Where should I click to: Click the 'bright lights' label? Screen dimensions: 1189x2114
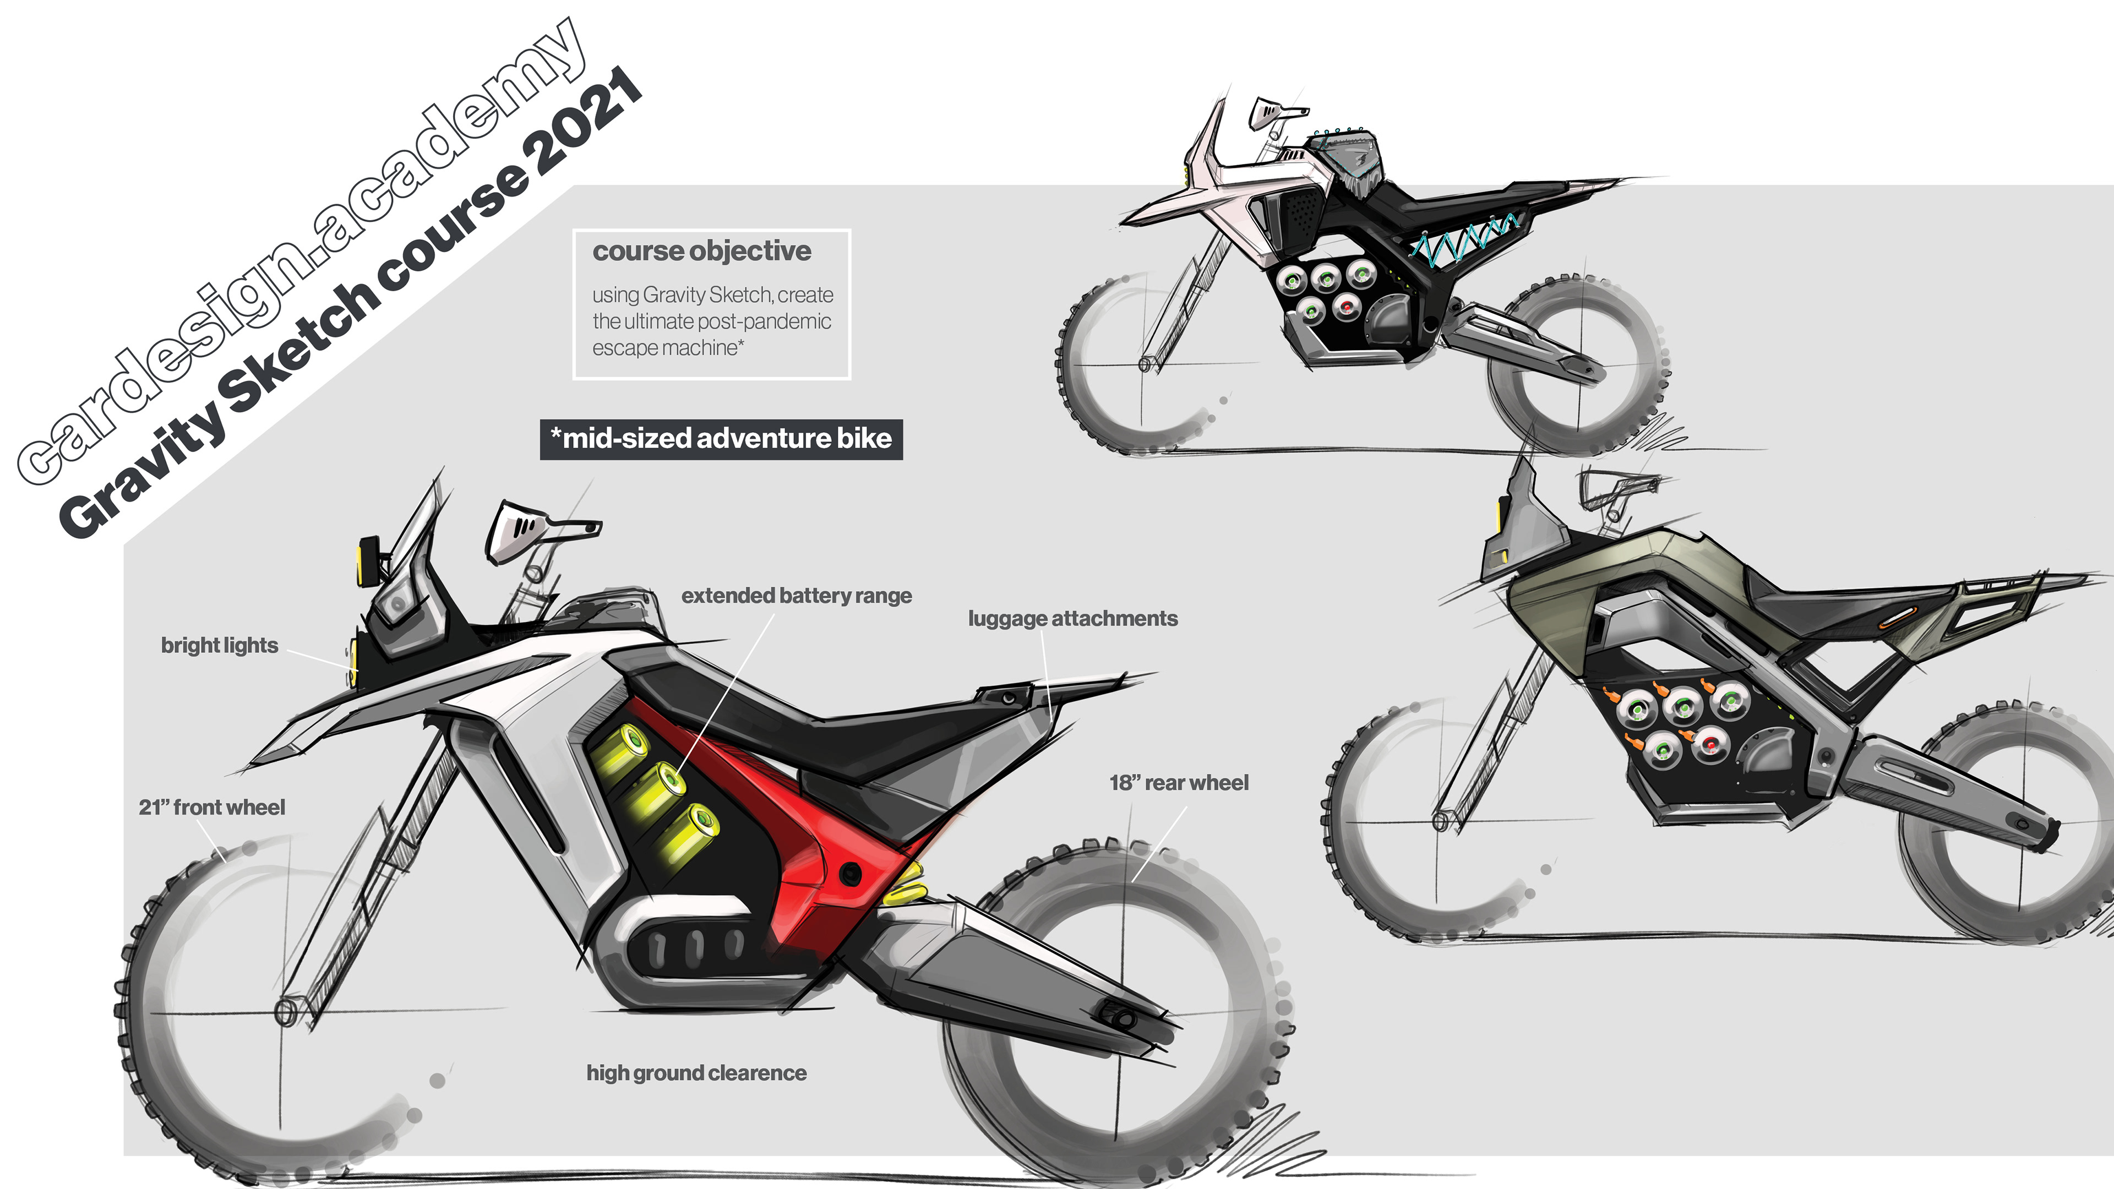pos(219,645)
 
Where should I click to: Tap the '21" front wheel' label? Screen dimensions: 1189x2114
pos(212,808)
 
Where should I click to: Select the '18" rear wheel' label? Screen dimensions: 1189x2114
pos(1179,783)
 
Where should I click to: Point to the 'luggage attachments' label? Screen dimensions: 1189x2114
pos(1072,619)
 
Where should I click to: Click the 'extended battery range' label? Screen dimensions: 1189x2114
pos(796,596)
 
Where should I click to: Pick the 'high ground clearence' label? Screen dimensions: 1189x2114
pos(696,1073)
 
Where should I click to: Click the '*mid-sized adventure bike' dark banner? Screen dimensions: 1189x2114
pos(721,439)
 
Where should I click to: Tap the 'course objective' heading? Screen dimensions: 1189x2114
pos(702,251)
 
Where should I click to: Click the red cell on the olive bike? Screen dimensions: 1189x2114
pos(1710,744)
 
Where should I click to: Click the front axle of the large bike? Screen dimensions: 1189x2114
pos(286,1011)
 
